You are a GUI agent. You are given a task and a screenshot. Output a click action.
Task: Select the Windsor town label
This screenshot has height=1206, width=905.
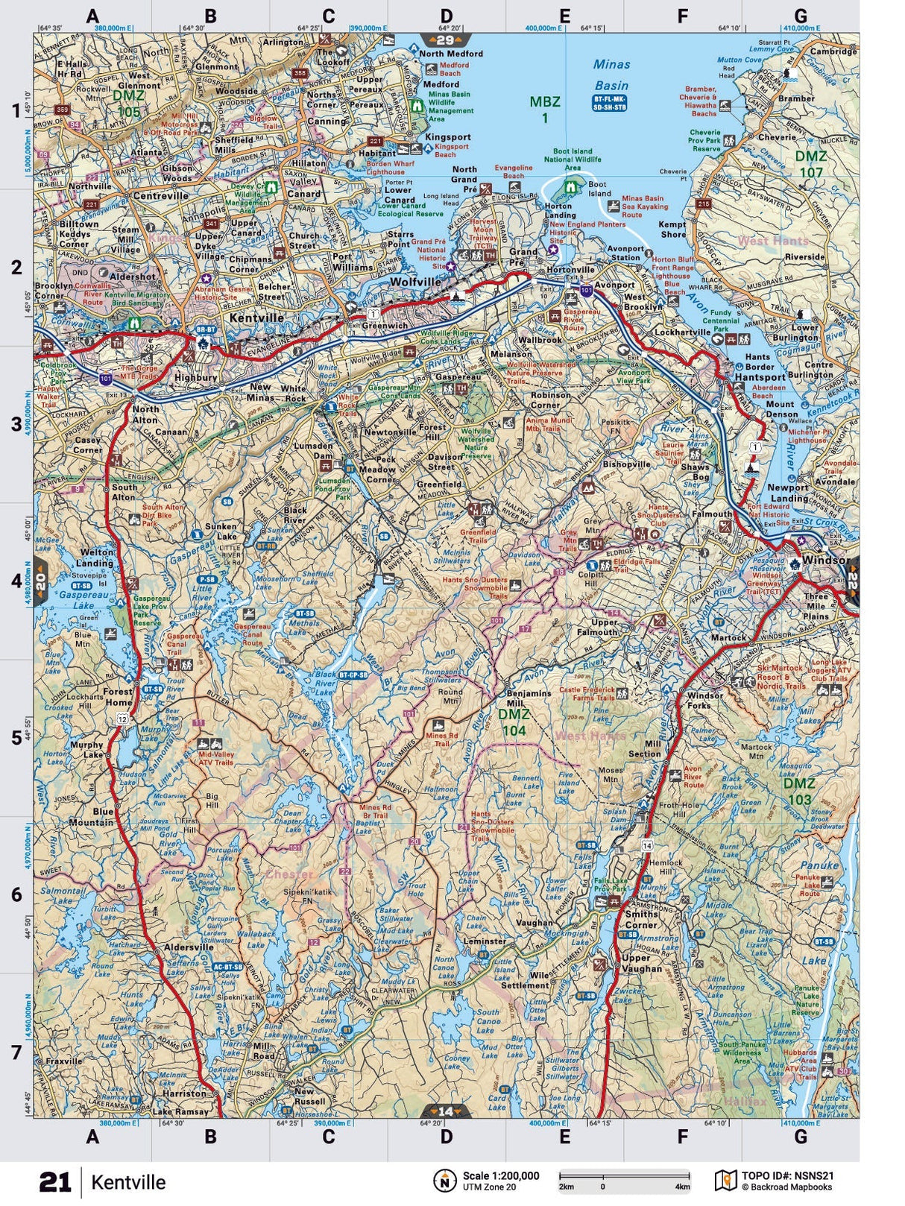point(826,560)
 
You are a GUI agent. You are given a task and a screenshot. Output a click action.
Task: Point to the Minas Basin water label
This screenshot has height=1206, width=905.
point(612,75)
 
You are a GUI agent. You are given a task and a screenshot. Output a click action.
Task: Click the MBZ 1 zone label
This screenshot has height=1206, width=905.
point(544,110)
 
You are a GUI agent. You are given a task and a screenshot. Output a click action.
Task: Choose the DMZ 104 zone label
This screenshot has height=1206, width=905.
point(514,722)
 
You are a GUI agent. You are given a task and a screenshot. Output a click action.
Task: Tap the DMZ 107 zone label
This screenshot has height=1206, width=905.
point(810,165)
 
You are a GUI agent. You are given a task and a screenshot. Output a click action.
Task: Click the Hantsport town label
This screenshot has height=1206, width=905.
point(760,377)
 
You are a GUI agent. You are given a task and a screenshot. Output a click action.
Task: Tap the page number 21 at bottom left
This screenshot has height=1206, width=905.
point(55,1182)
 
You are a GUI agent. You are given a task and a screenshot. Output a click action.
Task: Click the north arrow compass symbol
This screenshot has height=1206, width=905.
point(445,1181)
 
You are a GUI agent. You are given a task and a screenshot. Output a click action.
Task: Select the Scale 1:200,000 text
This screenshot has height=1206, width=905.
point(500,1176)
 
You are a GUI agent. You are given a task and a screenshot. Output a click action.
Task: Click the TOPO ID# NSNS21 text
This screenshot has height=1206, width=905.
point(786,1176)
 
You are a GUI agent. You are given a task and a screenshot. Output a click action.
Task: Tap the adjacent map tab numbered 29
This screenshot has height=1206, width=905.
point(445,40)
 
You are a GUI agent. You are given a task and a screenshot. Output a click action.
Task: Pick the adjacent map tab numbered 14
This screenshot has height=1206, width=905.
point(445,1111)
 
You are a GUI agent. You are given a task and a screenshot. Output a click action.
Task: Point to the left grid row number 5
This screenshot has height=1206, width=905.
point(16,738)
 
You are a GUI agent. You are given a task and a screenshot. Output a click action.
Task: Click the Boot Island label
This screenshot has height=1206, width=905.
point(599,189)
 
